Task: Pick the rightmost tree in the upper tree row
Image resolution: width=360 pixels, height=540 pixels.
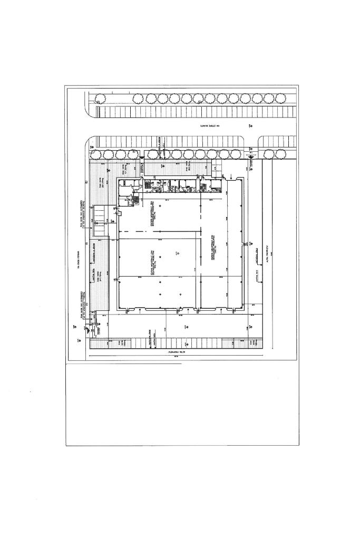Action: coord(280,99)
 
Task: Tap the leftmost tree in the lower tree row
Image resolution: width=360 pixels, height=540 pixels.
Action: coord(96,154)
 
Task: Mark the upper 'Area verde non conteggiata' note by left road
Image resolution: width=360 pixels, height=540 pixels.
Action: coord(81,214)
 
